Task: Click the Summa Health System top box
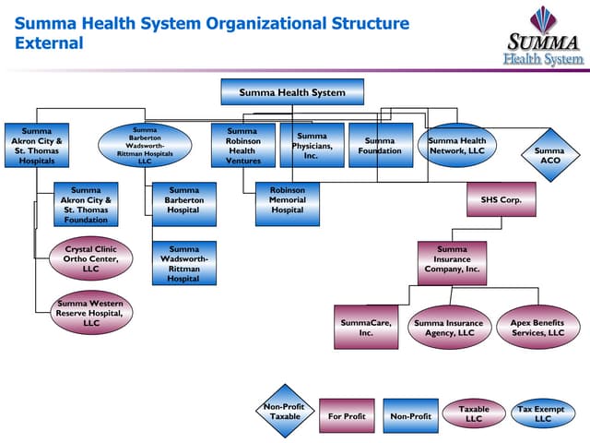click(292, 92)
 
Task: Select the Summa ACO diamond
click(549, 156)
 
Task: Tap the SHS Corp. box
click(501, 199)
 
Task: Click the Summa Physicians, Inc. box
click(313, 146)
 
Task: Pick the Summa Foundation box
click(380, 146)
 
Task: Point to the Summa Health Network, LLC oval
click(457, 146)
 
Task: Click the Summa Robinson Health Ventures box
click(242, 146)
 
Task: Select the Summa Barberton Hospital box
click(184, 204)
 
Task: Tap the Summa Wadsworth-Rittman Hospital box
click(184, 263)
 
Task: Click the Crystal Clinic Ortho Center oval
click(90, 257)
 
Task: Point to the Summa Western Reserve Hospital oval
click(90, 313)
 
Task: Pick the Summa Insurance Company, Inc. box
click(452, 263)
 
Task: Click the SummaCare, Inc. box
click(366, 328)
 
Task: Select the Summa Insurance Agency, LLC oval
click(448, 328)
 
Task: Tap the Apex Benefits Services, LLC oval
click(537, 328)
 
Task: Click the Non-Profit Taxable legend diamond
click(285, 411)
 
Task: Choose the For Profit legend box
click(347, 416)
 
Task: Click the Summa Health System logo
click(543, 36)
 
